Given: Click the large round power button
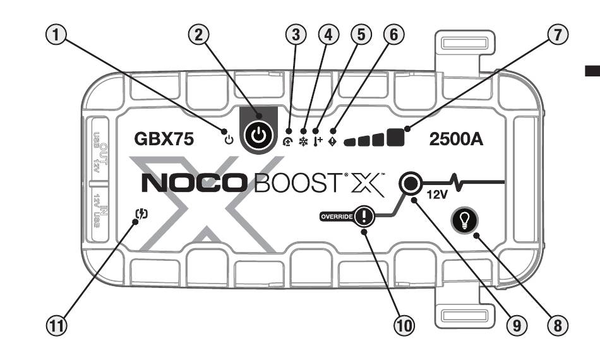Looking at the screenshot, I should pyautogui.click(x=258, y=136).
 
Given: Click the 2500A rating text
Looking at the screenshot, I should pyautogui.click(x=456, y=140).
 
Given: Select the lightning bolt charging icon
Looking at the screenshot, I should pyautogui.click(x=143, y=213).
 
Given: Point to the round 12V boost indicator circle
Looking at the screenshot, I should pyautogui.click(x=410, y=184).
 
